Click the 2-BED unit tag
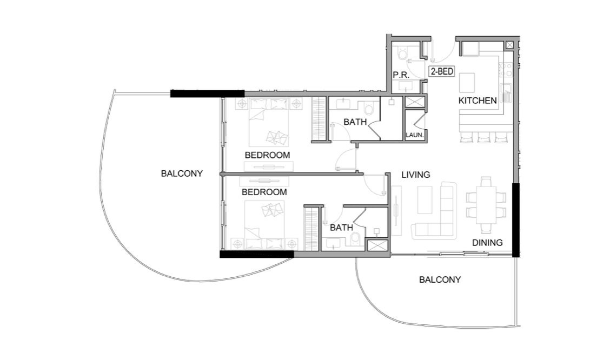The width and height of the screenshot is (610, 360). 441,71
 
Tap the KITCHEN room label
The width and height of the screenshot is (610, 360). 477,101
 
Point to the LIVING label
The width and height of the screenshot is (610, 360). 415,175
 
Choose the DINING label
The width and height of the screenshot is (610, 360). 487,243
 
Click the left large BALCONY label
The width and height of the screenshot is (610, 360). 182,174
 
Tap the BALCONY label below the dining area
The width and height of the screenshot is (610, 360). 440,279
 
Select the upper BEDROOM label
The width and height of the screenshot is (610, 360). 267,155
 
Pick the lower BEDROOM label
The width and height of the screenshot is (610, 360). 264,192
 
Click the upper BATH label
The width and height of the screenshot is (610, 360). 355,122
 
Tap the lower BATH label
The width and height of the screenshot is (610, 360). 341,228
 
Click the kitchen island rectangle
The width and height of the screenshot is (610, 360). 467,83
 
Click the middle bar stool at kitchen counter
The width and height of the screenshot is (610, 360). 483,138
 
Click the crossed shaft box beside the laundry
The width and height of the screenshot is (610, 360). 415,102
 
